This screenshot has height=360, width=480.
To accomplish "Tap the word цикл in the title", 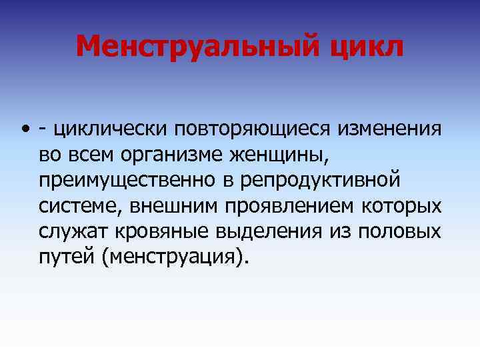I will (x=369, y=47).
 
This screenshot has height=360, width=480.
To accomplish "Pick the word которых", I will (x=406, y=205).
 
